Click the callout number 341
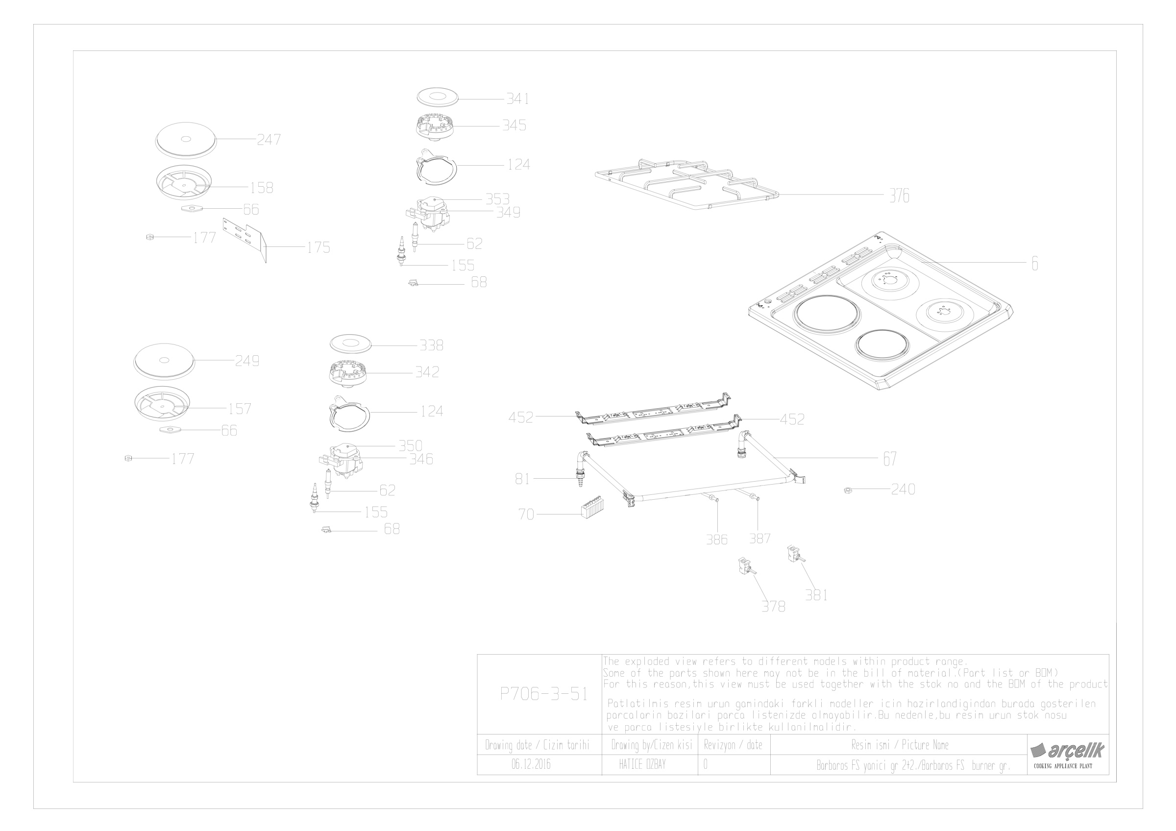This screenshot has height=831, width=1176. pyautogui.click(x=517, y=99)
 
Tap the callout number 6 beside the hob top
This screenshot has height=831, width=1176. pyautogui.click(x=1034, y=264)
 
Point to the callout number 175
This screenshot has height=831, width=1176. pyautogui.click(x=318, y=248)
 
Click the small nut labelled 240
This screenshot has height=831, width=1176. pyautogui.click(x=847, y=490)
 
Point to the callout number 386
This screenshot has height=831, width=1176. pyautogui.click(x=716, y=539)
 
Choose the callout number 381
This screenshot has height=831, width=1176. pyautogui.click(x=816, y=595)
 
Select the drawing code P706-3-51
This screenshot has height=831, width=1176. pyautogui.click(x=543, y=694)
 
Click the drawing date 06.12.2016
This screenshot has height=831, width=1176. pyautogui.click(x=531, y=765)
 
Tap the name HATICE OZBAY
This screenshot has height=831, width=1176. pyautogui.click(x=642, y=765)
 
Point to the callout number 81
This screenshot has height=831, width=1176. pyautogui.click(x=522, y=479)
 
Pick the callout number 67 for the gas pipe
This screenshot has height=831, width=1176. pyautogui.click(x=890, y=459)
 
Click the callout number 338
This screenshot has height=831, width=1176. pyautogui.click(x=431, y=345)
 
